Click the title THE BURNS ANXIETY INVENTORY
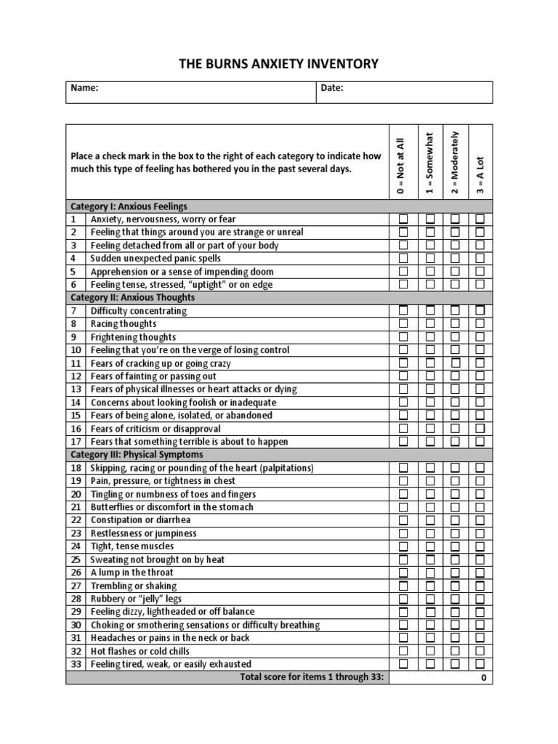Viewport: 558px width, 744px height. pyautogui.click(x=279, y=64)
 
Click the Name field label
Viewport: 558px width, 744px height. pyautogui.click(x=84, y=88)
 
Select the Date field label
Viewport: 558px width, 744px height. pyautogui.click(x=332, y=88)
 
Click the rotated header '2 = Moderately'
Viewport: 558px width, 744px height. pyautogui.click(x=455, y=163)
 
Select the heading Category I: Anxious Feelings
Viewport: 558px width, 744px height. pyautogui.click(x=129, y=206)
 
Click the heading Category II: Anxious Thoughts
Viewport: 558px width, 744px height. pyautogui.click(x=132, y=298)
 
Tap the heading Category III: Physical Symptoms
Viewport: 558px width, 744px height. pyautogui.click(x=137, y=455)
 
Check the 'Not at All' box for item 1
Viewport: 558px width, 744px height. pyautogui.click(x=403, y=219)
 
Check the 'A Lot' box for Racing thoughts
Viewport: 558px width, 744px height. pyautogui.click(x=480, y=324)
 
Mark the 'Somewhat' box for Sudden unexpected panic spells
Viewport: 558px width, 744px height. pyautogui.click(x=430, y=259)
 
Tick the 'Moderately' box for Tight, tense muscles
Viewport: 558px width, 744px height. pyautogui.click(x=455, y=546)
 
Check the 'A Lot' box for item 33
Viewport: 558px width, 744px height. pyautogui.click(x=480, y=664)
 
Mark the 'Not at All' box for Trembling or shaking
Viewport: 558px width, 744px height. pyautogui.click(x=403, y=586)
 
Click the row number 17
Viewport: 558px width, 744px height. pyautogui.click(x=76, y=442)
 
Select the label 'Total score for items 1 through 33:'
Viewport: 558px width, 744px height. pyautogui.click(x=314, y=677)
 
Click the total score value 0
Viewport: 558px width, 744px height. pyautogui.click(x=484, y=678)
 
